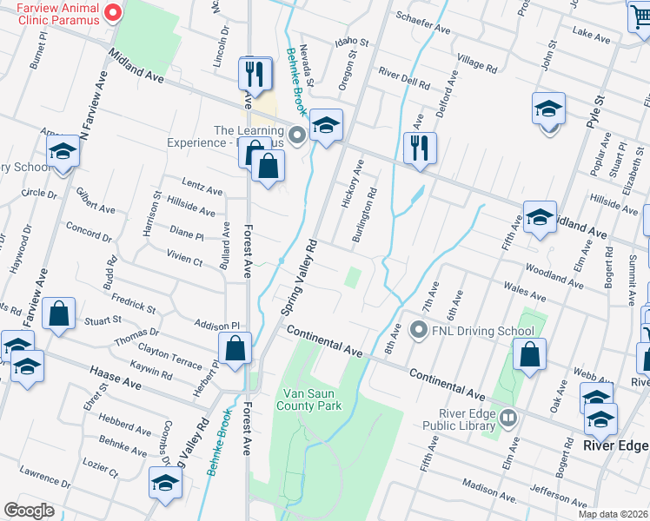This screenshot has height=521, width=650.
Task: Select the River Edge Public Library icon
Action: [507, 419]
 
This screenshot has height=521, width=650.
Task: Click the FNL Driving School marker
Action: [419, 330]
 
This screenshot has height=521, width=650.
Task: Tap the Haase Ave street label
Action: [115, 375]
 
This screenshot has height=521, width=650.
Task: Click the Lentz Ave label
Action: [202, 187]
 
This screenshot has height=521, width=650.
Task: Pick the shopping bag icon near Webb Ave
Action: [529, 354]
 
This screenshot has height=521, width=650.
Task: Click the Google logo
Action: [30, 511]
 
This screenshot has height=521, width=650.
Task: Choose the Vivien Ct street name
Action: [185, 257]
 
